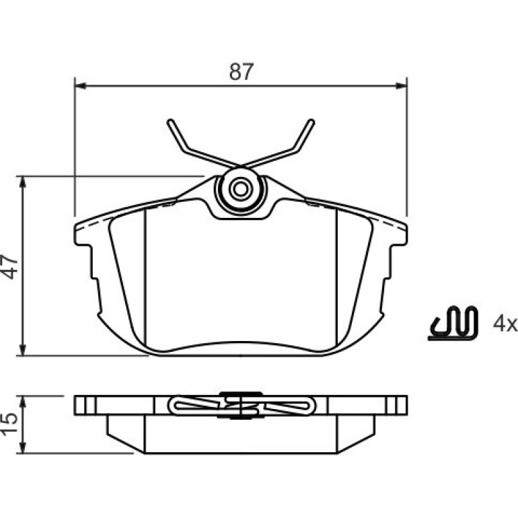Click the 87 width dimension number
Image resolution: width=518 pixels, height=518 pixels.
[242, 71]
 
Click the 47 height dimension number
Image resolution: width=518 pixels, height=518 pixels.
[10, 267]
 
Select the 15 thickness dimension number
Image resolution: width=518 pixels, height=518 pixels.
[10, 424]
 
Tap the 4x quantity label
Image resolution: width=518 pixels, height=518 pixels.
[505, 324]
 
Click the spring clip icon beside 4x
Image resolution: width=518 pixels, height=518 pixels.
[453, 323]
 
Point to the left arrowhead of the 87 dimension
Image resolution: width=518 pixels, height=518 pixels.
[81, 86]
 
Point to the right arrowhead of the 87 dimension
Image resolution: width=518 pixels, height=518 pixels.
[402, 86]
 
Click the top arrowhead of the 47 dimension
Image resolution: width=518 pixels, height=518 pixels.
[22, 182]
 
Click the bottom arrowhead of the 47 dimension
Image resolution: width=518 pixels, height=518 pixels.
[22, 350]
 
